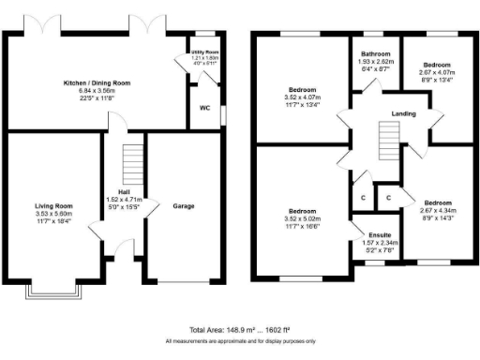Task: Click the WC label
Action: click(x=205, y=108)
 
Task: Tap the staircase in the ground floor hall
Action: click(x=135, y=163)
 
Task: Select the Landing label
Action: click(x=404, y=114)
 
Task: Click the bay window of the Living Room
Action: click(x=53, y=293)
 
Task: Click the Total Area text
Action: click(x=240, y=331)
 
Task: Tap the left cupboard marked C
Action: click(x=362, y=198)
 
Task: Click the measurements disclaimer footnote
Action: click(x=240, y=341)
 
